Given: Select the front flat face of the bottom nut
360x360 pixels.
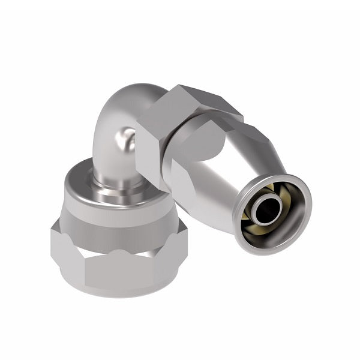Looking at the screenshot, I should [x=120, y=264].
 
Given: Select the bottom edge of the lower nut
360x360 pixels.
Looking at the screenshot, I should [x=120, y=294].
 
